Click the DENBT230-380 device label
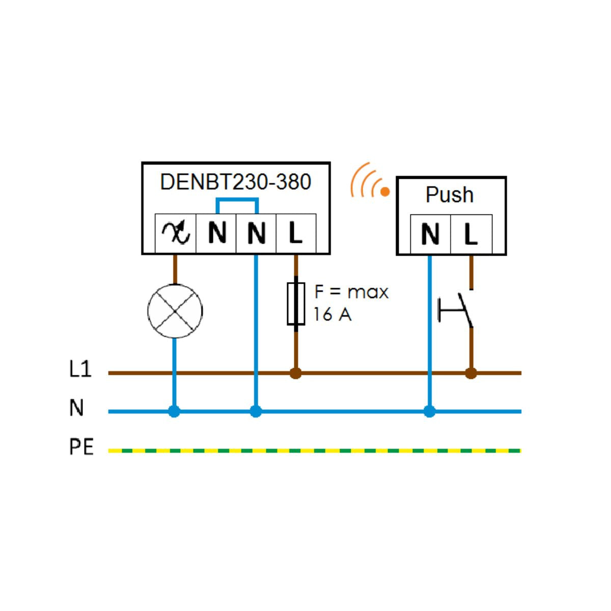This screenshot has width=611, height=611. coord(235,182)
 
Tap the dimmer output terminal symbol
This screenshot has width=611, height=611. coord(176,233)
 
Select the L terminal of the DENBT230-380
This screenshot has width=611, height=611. coord(295,233)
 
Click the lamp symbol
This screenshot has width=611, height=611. coord(175,311)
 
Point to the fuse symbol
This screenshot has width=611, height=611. coord(296,303)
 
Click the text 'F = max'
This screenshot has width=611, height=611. coord(351,292)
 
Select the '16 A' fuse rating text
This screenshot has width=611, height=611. coord(332,315)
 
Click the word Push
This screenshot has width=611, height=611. coord(450,195)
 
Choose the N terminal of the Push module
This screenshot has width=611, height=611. coord(430,234)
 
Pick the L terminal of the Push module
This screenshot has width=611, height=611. coord(471,234)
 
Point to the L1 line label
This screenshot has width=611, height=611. coord(80,369)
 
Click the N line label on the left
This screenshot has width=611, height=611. coord(76,408)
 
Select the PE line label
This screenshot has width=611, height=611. coord(81,447)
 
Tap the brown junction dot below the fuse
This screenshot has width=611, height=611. coord(295,373)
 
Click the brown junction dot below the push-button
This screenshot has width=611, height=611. coord(471,373)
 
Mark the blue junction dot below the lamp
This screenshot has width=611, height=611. coord(174,411)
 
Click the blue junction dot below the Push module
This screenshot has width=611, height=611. coord(430,411)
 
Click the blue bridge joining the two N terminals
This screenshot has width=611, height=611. coord(237,200)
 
